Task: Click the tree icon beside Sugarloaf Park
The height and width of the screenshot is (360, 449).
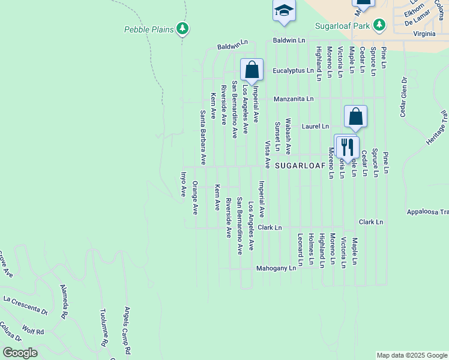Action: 379,25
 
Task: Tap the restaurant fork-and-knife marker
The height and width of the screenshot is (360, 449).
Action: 346,146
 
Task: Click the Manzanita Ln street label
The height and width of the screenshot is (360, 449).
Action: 294,98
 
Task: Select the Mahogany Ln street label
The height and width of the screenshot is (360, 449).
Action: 276,268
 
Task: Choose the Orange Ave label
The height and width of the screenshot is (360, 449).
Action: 195,200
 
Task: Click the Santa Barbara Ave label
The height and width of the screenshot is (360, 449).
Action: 203,138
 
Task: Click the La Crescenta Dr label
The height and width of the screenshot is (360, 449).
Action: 25,305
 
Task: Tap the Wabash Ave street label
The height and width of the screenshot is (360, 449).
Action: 288,136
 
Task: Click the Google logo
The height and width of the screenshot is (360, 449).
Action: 20,352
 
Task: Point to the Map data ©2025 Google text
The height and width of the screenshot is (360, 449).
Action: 411,355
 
